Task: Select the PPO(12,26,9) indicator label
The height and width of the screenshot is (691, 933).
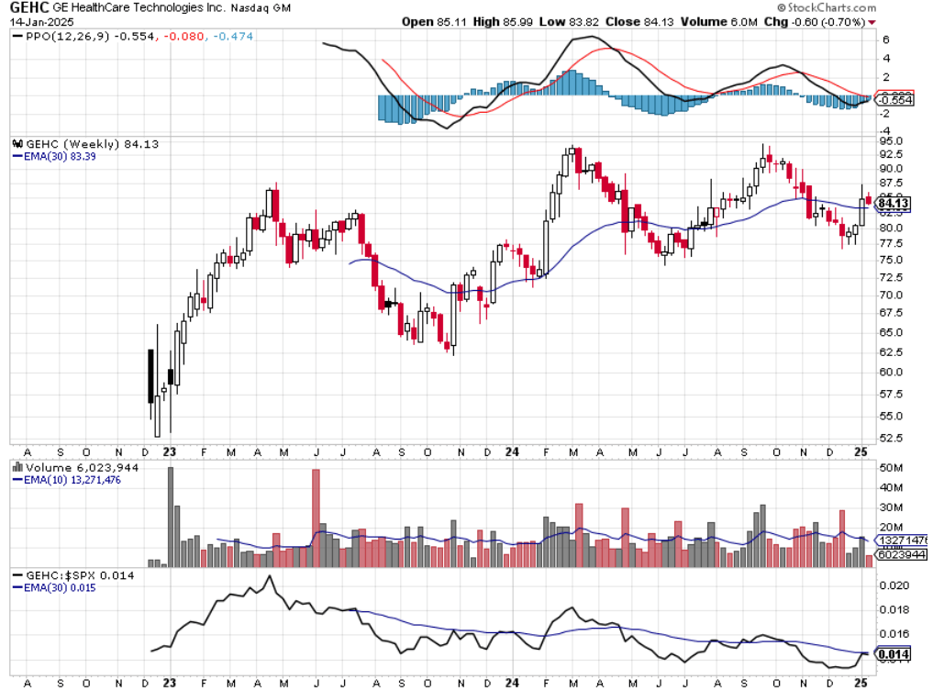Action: pyautogui.click(x=55, y=36)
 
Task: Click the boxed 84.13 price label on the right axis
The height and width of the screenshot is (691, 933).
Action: pyautogui.click(x=894, y=204)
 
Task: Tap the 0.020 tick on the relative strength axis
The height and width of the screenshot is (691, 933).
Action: pyautogui.click(x=894, y=585)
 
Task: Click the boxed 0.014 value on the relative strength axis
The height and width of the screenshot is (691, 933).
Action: pyautogui.click(x=892, y=654)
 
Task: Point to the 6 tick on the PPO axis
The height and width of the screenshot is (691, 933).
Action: pyautogui.click(x=886, y=40)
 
